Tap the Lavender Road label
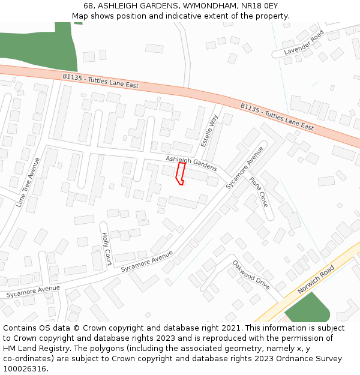304,43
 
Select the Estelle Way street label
209,131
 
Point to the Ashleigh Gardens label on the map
191,163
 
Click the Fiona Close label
259,191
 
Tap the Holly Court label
106,249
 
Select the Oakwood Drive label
251,274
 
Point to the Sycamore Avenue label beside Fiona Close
245,168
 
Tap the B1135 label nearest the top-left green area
100,82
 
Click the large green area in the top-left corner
36,48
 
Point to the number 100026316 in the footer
24,368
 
